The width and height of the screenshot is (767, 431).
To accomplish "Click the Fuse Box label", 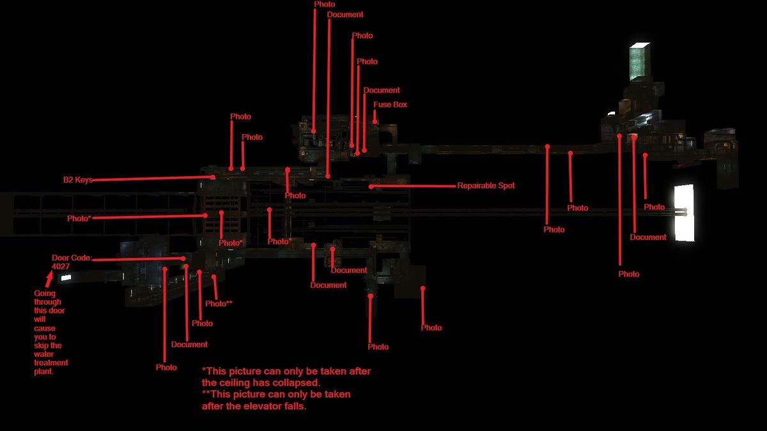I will click(390, 104).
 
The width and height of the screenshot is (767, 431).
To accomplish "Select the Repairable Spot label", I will click(486, 186).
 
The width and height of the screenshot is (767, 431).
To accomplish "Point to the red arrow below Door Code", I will click(48, 278).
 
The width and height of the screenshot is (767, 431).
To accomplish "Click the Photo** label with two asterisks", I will click(219, 303).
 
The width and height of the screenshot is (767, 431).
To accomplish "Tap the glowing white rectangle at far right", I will click(684, 213).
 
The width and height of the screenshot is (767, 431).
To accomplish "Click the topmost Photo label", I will click(324, 4).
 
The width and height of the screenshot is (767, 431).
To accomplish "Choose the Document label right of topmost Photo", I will click(345, 15).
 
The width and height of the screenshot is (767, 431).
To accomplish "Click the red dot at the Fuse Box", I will click(375, 120).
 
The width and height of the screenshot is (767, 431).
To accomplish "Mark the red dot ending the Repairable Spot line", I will click(371, 186).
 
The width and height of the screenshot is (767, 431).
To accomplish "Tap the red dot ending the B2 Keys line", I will click(213, 177).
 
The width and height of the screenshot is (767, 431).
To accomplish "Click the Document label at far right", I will click(648, 237).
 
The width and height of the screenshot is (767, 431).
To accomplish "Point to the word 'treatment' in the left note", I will click(51, 363).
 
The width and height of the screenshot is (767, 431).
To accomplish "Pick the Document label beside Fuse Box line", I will click(382, 90).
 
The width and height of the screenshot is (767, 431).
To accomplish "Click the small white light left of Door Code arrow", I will click(65, 278).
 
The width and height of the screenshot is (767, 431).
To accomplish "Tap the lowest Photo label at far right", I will click(628, 274).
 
